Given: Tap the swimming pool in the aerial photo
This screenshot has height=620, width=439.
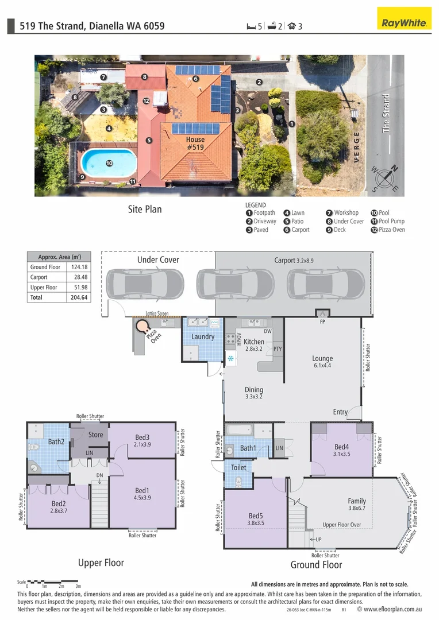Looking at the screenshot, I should click(x=109, y=164).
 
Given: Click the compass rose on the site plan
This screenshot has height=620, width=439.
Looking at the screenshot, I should click(x=385, y=178).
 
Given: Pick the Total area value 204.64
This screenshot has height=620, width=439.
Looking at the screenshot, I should click(x=80, y=298).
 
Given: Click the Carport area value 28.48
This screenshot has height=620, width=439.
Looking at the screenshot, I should click(x=80, y=277).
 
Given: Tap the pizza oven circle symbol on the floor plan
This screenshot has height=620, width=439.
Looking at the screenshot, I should click(x=141, y=327).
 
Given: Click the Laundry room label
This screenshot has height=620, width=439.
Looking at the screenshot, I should click(x=203, y=337).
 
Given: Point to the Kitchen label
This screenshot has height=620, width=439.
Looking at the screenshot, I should click(x=253, y=342).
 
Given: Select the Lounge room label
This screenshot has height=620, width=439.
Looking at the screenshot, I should click(x=322, y=359).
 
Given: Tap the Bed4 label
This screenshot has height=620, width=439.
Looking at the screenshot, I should click(x=341, y=447).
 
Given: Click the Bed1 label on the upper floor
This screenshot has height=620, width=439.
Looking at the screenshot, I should click(x=142, y=490).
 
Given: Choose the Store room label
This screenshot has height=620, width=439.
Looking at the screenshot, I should click(x=95, y=435).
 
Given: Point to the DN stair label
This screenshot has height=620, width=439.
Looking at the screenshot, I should click(x=99, y=475).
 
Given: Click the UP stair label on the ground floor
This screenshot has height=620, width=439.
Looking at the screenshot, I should click(x=317, y=540).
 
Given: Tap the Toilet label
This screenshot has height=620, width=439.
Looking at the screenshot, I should click(x=238, y=467).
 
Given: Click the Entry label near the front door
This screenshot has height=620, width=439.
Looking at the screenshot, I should click(x=340, y=412).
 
